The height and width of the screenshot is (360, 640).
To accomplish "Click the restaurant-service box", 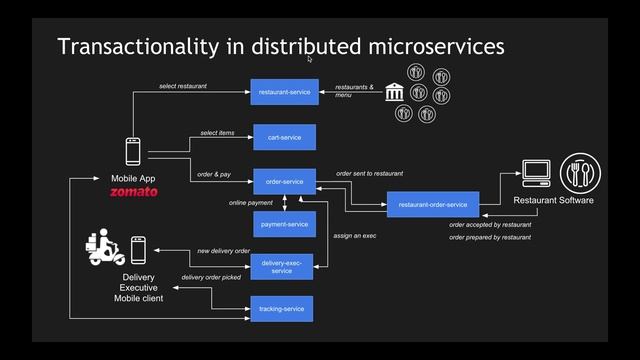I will point(283,92).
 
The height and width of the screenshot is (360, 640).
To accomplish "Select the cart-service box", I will point(284,137).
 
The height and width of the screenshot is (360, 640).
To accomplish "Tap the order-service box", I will point(284,181).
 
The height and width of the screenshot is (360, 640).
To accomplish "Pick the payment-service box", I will point(284,225).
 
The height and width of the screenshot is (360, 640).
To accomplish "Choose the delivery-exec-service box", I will point(282,266).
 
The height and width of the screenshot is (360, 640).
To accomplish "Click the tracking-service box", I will point(281,309).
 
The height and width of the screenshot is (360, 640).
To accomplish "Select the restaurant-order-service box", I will point(433,205).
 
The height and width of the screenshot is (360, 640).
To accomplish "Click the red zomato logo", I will point(133,191).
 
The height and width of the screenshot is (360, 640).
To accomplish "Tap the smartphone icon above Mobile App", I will point(133,151).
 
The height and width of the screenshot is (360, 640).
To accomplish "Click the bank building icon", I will point(394,92).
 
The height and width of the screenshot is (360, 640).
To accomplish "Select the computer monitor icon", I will point(536,174).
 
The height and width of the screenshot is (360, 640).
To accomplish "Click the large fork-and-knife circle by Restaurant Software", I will point(579,173).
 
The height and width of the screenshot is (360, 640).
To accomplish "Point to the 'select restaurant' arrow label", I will point(183,86).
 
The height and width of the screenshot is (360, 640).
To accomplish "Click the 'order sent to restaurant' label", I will point(369,173).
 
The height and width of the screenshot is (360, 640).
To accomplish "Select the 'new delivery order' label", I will point(223,250).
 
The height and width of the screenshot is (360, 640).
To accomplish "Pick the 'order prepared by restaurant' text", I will point(490,237).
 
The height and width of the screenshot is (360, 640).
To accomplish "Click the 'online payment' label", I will point(251,203).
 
